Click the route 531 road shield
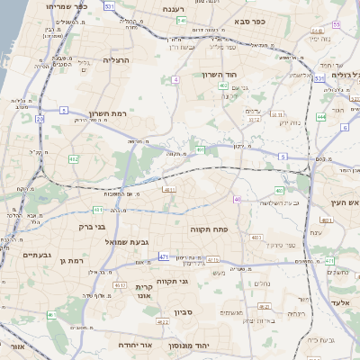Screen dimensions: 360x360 (109, 5)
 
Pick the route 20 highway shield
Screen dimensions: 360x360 (40, 119)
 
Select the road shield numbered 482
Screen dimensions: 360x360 (73, 158)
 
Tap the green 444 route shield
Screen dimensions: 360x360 (321, 116)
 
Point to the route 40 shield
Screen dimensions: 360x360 (237, 200)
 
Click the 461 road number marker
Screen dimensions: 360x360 (52, 315)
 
